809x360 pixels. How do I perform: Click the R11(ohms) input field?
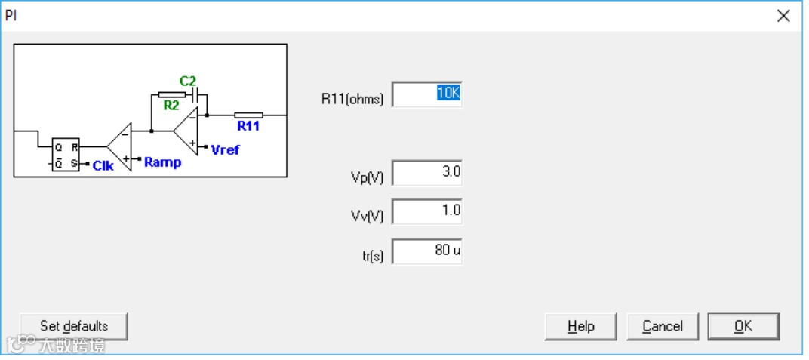[x=426, y=95]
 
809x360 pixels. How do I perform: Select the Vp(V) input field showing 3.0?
[x=426, y=173]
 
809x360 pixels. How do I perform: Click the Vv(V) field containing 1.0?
[x=426, y=211]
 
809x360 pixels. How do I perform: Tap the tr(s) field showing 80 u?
[x=426, y=251]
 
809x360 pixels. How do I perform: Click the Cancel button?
[x=663, y=326]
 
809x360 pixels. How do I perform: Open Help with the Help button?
[x=581, y=326]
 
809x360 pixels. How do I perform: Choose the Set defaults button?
[x=74, y=326]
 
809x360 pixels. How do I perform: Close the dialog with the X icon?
[x=783, y=16]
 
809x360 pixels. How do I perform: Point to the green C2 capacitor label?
[x=187, y=81]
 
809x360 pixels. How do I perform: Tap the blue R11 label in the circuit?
[x=248, y=126]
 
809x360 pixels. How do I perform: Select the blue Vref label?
[x=225, y=149]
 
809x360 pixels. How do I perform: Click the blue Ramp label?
[x=162, y=162]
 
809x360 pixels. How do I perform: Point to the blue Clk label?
[x=103, y=165]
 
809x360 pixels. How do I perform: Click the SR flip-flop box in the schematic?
[x=65, y=155]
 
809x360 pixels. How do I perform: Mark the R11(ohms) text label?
[x=352, y=98]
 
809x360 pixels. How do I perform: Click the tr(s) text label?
[x=373, y=256]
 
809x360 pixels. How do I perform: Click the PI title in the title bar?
[x=11, y=15]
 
